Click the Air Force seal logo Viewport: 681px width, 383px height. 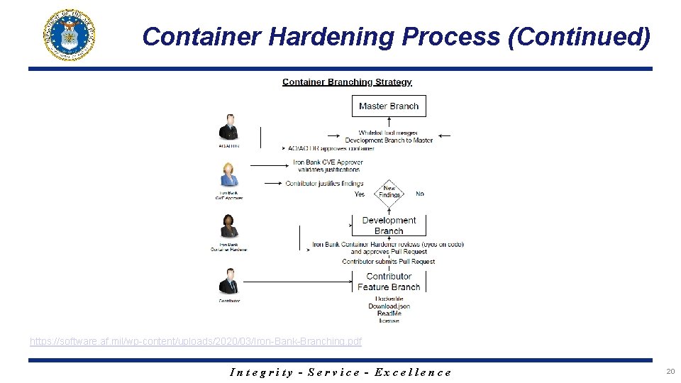click(70, 35)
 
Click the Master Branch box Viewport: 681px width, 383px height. click(389, 106)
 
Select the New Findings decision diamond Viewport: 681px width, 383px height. click(389, 193)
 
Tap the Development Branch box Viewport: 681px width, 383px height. click(389, 225)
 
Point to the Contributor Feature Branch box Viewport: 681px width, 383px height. click(389, 282)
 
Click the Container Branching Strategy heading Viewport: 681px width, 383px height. click(347, 82)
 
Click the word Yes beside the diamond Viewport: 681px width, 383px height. click(360, 194)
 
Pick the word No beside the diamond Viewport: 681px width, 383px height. click(420, 194)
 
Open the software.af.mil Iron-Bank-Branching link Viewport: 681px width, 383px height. click(196, 342)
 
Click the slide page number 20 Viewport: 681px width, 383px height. click(670, 371)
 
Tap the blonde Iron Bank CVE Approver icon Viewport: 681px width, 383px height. click(229, 174)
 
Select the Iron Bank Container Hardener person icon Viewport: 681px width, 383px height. click(229, 226)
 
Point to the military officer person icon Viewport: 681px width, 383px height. click(228, 128)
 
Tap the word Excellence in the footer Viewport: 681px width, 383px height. click(413, 372)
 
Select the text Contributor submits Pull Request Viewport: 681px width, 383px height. click(389, 262)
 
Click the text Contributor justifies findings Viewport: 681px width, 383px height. click(324, 184)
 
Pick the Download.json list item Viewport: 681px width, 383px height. click(389, 306)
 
